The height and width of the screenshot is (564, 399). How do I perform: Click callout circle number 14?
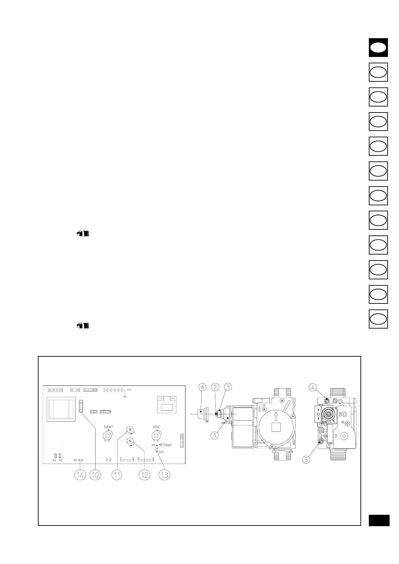pos(80,475)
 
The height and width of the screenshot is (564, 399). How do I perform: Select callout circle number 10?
pos(95,475)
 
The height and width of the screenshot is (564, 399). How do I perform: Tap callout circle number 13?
pos(164,475)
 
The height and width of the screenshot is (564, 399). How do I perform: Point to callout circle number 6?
pos(202,387)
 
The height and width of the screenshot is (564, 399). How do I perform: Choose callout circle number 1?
pos(215,436)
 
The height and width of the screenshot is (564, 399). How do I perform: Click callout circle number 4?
pos(312,387)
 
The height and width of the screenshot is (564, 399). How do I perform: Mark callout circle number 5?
pos(306,460)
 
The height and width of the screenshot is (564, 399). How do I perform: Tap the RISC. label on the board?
pos(157,427)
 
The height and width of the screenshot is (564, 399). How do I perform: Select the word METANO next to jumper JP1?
pos(165,445)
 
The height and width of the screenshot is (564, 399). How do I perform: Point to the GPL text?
pos(162,452)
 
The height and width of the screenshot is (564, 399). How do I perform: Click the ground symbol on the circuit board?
pos(125,397)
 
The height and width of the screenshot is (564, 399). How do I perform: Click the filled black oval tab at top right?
pos(378,48)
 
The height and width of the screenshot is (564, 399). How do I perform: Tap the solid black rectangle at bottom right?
pos(379,520)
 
